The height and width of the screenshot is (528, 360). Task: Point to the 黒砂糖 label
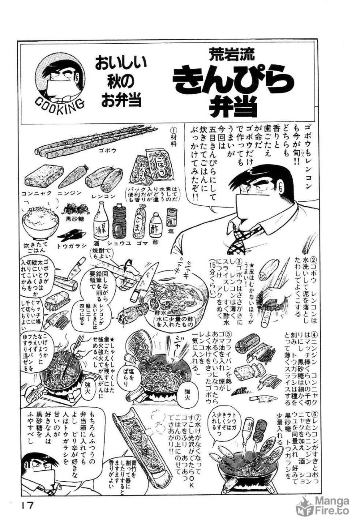74,219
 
